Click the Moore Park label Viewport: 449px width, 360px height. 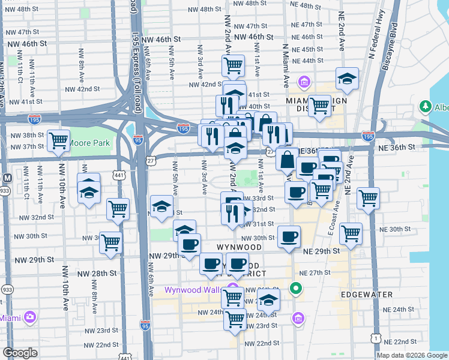(x=89, y=143)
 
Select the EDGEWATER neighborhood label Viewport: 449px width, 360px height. (x=366, y=295)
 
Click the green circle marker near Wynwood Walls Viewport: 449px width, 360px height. (x=295, y=289)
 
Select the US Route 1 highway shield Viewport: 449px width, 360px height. (x=375, y=339)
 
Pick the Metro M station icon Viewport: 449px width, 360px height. (x=7, y=178)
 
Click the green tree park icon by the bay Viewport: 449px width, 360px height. (x=426, y=107)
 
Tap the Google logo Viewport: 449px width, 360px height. (x=20, y=353)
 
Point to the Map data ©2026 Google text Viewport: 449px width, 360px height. (x=411, y=355)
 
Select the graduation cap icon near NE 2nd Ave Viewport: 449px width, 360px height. (x=346, y=78)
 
